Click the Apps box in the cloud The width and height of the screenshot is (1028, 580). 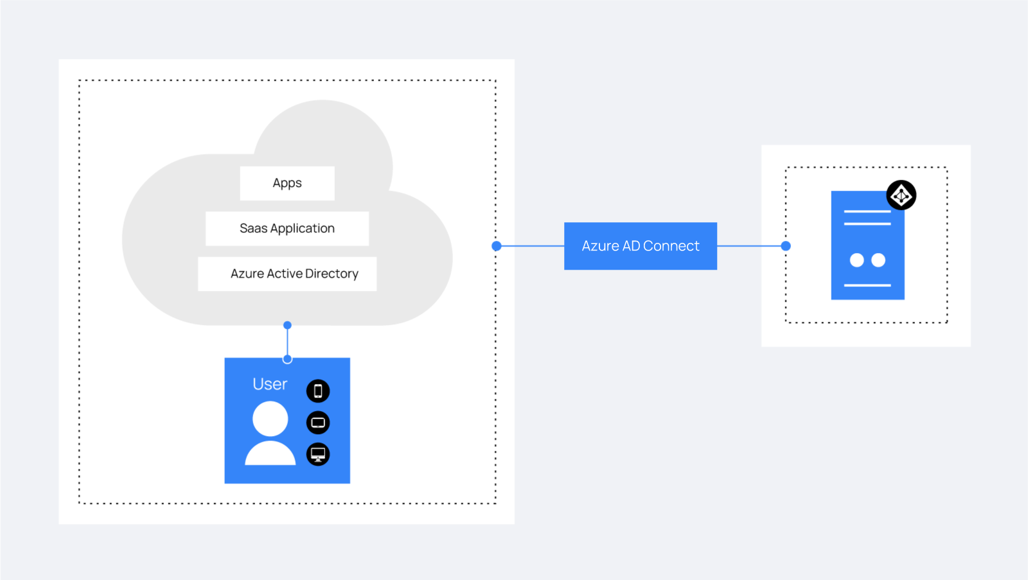(x=287, y=183)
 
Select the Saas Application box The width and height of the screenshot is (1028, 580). (x=287, y=229)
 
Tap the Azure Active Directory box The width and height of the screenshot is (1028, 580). (x=287, y=274)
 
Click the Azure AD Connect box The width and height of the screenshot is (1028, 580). (x=641, y=246)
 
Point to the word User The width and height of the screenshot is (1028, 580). (x=270, y=384)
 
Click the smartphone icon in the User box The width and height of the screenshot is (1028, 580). (x=318, y=391)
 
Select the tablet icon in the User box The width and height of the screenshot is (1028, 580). (x=318, y=423)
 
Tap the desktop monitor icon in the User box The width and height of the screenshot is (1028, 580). (x=318, y=454)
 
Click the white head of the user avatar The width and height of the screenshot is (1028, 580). (x=270, y=419)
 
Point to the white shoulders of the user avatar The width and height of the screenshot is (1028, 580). (x=270, y=453)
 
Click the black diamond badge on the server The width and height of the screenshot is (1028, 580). (x=901, y=195)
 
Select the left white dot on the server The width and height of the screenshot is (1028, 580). (x=857, y=260)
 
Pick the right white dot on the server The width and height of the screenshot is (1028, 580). (x=878, y=260)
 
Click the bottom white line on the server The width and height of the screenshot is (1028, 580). (x=867, y=285)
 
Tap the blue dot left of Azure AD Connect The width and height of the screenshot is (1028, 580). (x=497, y=246)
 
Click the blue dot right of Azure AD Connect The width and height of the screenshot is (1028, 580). (x=786, y=246)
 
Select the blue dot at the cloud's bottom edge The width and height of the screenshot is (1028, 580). (x=287, y=326)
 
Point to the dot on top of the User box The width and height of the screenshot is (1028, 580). (x=287, y=359)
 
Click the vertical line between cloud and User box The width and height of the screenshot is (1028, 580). (x=287, y=342)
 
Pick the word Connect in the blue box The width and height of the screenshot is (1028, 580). (x=671, y=246)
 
